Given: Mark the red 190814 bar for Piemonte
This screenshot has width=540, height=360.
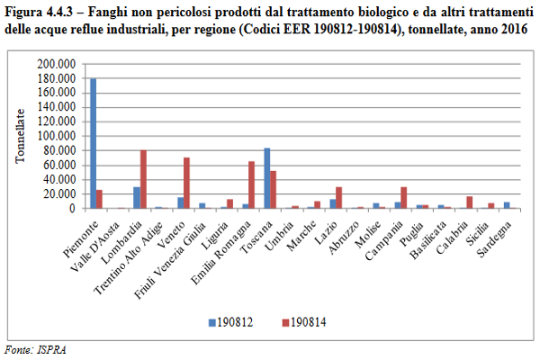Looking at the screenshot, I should click(x=100, y=199).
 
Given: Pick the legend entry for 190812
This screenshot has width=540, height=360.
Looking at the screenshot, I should click(x=230, y=321).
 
